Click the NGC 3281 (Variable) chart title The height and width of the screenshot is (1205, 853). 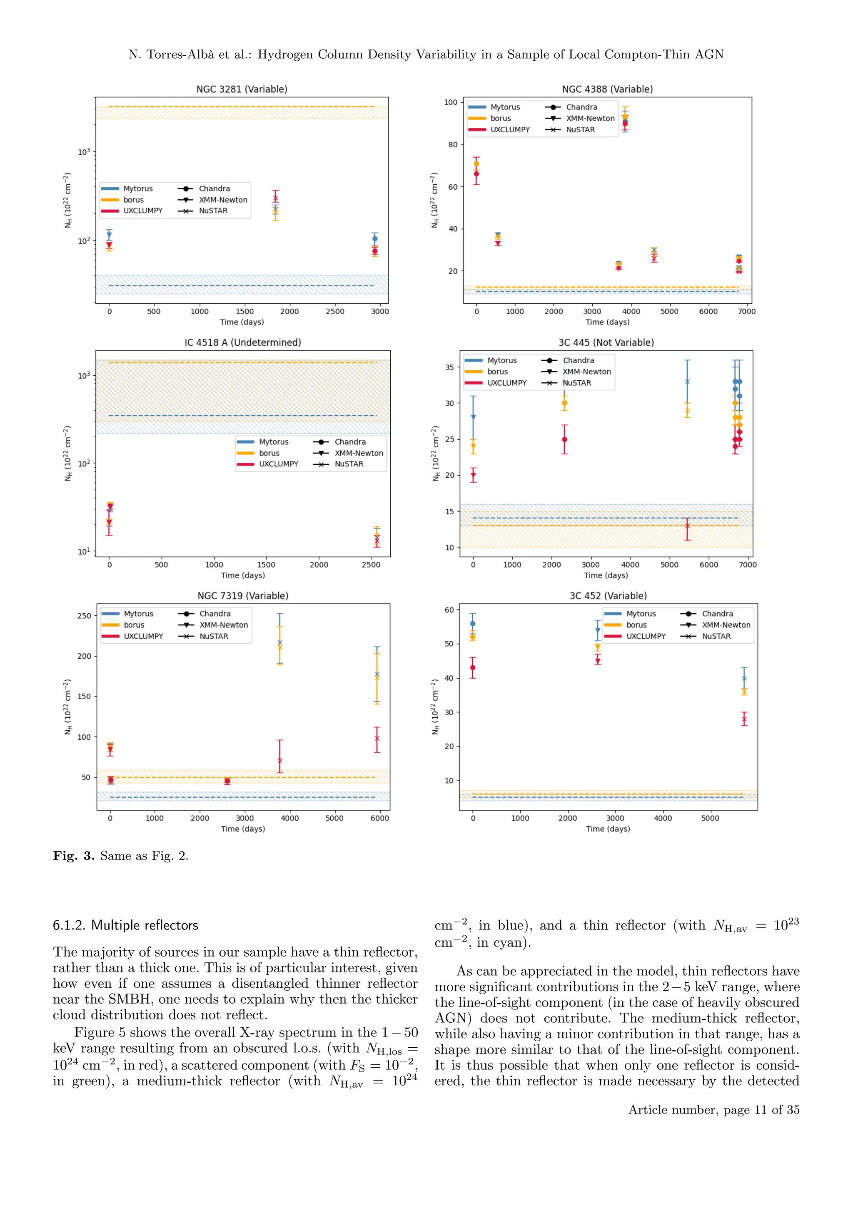(242, 89)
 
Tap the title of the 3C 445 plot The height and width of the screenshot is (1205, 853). (606, 343)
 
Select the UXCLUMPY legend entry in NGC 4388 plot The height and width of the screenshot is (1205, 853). (509, 130)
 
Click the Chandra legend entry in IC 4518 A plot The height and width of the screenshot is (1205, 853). (350, 442)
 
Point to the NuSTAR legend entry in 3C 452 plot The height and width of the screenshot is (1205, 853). (716, 636)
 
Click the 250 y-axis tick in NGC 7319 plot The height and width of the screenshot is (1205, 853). (84, 616)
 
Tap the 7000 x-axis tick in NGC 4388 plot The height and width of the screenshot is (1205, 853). (746, 311)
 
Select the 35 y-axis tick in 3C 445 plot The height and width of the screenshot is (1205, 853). (449, 367)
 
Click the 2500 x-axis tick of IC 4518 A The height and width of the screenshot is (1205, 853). (371, 565)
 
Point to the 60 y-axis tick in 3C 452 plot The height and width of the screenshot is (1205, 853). (449, 610)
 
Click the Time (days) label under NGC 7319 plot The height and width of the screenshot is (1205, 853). (243, 829)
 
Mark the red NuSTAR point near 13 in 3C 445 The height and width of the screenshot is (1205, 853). (687, 526)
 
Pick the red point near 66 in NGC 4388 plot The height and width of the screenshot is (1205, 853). (476, 174)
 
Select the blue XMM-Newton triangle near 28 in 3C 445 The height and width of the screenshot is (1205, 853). (473, 417)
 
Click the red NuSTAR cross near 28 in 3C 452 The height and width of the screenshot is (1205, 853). (744, 719)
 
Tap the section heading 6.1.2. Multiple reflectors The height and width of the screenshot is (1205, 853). (125, 925)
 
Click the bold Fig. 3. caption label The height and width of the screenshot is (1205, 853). (74, 856)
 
